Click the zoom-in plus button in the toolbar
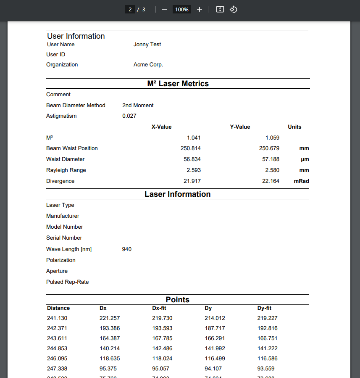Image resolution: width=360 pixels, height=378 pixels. pos(200,9)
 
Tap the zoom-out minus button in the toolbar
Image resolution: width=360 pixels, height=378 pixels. pos(164,9)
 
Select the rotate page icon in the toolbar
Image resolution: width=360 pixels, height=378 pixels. pos(234,9)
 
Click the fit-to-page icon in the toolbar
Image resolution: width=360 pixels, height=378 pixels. pos(220,9)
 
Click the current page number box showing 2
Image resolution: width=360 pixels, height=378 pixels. pos(130,9)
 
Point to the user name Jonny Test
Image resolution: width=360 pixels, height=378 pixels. pos(147,45)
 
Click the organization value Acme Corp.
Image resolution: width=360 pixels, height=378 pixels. pos(148,65)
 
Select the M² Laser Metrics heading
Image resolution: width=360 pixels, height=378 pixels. pos(178,84)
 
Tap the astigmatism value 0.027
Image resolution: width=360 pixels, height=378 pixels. pos(129,116)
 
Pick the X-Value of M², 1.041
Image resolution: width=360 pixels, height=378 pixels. pos(194,137)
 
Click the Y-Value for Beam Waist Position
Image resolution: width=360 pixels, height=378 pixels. pos(269,148)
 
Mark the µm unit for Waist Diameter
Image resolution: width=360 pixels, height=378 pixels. pos(305,159)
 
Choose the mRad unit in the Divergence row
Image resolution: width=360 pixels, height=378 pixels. pos(301,181)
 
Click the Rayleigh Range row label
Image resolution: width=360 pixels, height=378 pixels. pos(66,170)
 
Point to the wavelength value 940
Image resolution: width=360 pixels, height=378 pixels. pos(127,249)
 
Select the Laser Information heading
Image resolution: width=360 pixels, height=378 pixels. pos(178,194)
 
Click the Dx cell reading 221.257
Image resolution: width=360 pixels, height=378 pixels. pos(110,318)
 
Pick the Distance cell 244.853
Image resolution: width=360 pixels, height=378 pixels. pos(57,349)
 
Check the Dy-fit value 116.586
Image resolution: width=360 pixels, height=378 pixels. pos(267,359)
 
